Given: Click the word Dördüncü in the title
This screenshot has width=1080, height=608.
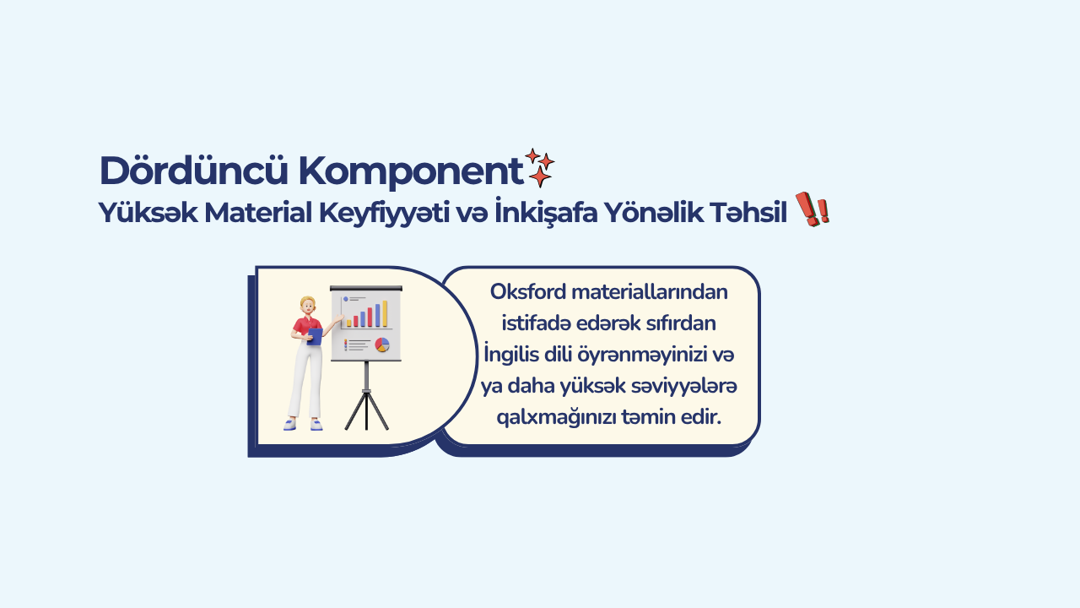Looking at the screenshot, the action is pyautogui.click(x=193, y=171).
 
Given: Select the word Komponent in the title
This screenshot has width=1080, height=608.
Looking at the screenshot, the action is pyautogui.click(x=411, y=171).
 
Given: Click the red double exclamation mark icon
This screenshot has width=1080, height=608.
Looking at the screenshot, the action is pyautogui.click(x=813, y=209).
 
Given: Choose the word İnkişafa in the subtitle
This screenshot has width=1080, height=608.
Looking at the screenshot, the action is pyautogui.click(x=546, y=211).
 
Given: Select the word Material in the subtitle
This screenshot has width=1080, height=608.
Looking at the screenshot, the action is pyautogui.click(x=258, y=213).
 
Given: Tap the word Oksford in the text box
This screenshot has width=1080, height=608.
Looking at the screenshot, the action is pyautogui.click(x=528, y=292).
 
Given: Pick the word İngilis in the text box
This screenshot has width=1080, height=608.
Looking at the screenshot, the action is pyautogui.click(x=511, y=354).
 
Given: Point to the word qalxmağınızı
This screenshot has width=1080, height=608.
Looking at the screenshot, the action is pyautogui.click(x=556, y=417).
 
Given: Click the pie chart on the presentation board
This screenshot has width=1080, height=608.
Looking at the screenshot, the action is pyautogui.click(x=382, y=345).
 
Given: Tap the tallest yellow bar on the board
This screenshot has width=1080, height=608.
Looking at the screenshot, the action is pyautogui.click(x=385, y=313).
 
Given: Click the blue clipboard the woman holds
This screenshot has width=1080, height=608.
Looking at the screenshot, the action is pyautogui.click(x=315, y=336).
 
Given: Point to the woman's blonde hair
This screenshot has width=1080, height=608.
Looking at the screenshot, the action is pyautogui.click(x=307, y=302).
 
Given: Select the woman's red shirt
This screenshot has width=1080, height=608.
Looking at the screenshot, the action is pyautogui.click(x=306, y=326).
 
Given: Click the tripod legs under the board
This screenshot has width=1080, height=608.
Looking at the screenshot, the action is pyautogui.click(x=366, y=410).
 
